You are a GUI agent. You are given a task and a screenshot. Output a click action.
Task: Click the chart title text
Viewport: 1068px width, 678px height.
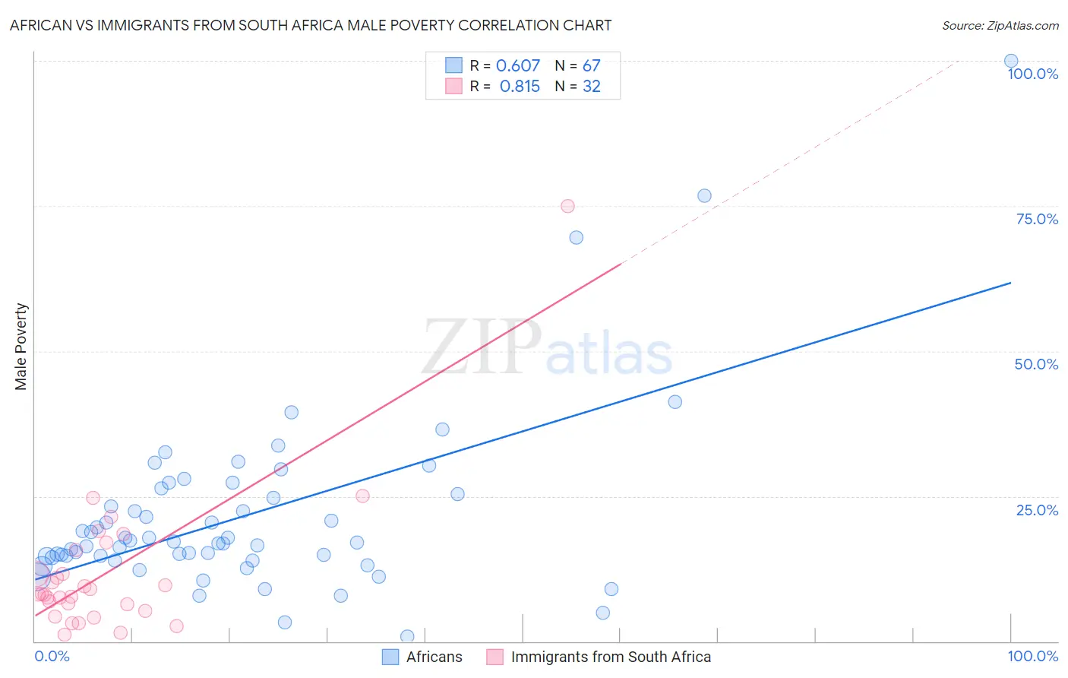[311, 25]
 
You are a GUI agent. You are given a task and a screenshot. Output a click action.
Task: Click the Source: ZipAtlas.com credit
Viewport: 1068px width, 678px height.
[1000, 25]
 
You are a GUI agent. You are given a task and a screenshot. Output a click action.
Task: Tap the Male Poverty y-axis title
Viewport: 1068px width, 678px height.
[21, 347]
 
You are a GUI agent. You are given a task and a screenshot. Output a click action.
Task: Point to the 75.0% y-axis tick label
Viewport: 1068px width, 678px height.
[1037, 219]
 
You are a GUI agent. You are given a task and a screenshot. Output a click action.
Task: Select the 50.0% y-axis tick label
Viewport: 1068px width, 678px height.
[1036, 364]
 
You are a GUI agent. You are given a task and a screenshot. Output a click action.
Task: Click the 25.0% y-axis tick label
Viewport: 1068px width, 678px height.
[1037, 510]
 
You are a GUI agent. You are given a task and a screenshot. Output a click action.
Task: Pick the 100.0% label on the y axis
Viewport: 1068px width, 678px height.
[1032, 74]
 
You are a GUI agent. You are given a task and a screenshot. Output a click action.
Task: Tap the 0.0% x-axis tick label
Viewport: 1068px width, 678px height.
[52, 656]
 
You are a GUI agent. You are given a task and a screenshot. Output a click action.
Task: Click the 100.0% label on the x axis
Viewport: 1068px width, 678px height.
[1032, 656]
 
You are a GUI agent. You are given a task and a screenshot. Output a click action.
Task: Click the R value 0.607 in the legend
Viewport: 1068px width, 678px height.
[518, 66]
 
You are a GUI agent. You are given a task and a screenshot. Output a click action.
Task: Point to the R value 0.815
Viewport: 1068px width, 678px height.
[520, 87]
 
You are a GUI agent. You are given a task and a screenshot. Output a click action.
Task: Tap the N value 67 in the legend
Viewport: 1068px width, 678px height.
[591, 66]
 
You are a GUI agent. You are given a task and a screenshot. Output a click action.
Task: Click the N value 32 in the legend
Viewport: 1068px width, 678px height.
[591, 87]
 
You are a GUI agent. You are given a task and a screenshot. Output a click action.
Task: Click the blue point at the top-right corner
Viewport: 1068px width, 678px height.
[1011, 61]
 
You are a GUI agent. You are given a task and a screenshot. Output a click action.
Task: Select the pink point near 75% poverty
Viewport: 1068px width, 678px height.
[567, 206]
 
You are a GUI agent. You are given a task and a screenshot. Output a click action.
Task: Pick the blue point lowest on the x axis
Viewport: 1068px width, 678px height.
[407, 636]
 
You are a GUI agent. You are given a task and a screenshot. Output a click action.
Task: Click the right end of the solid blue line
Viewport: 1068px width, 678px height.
[1010, 283]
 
